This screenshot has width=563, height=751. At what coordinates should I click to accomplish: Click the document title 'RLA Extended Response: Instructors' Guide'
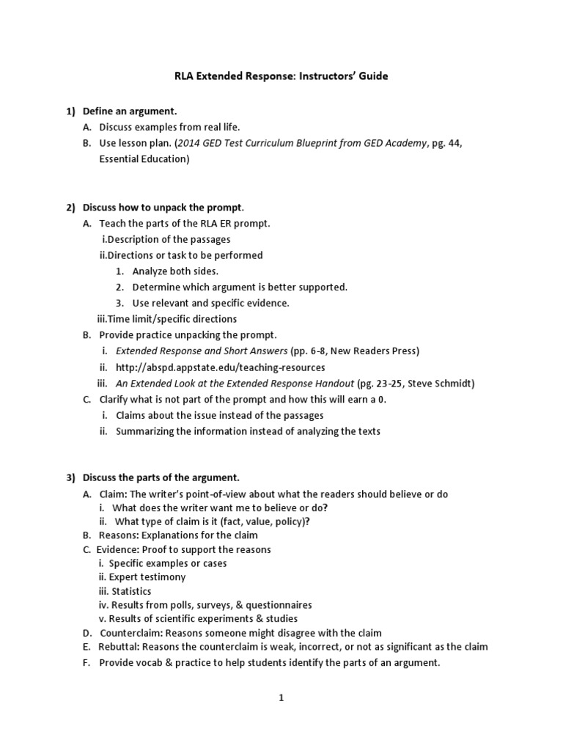[281, 77]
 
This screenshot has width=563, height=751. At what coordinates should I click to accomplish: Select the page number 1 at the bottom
[281, 698]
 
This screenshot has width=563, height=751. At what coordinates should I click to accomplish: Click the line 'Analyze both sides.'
[175, 271]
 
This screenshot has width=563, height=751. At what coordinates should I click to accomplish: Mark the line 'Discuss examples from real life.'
[169, 127]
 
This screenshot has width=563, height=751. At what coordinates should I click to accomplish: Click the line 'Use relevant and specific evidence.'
[211, 303]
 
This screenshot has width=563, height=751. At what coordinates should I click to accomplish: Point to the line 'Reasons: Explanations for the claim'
[178, 535]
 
